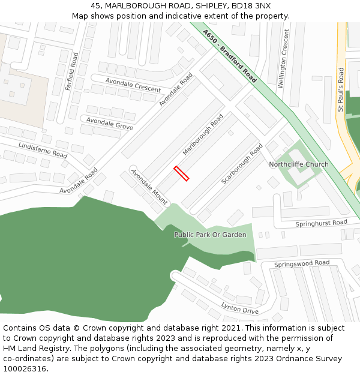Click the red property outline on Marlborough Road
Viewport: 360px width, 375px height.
[x=181, y=173]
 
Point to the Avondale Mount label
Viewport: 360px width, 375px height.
[x=149, y=187]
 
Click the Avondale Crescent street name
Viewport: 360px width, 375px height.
[x=133, y=85]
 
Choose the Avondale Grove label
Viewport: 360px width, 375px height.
[x=110, y=124]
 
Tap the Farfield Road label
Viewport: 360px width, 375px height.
[x=72, y=71]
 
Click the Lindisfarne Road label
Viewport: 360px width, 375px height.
[x=43, y=150]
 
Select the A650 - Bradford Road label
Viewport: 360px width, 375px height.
[x=229, y=56]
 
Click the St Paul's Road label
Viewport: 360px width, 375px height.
[x=341, y=89]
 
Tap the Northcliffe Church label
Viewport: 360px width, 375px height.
[x=299, y=164]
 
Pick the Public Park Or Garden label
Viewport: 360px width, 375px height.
[x=210, y=235]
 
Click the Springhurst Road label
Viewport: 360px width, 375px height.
[x=321, y=223]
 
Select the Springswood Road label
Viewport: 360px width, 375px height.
[x=302, y=263]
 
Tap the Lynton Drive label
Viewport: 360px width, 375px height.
[x=240, y=308]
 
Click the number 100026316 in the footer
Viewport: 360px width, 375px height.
[x=25, y=368]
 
